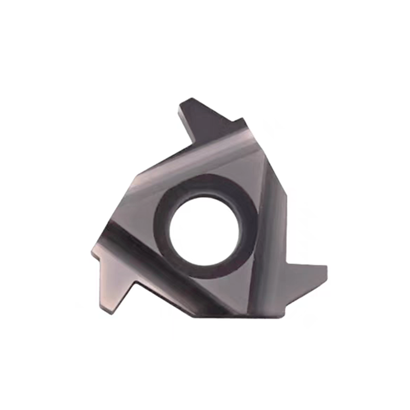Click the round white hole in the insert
pos(204,231)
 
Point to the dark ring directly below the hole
pos(205,273)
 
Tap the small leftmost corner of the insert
pos(92,252)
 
